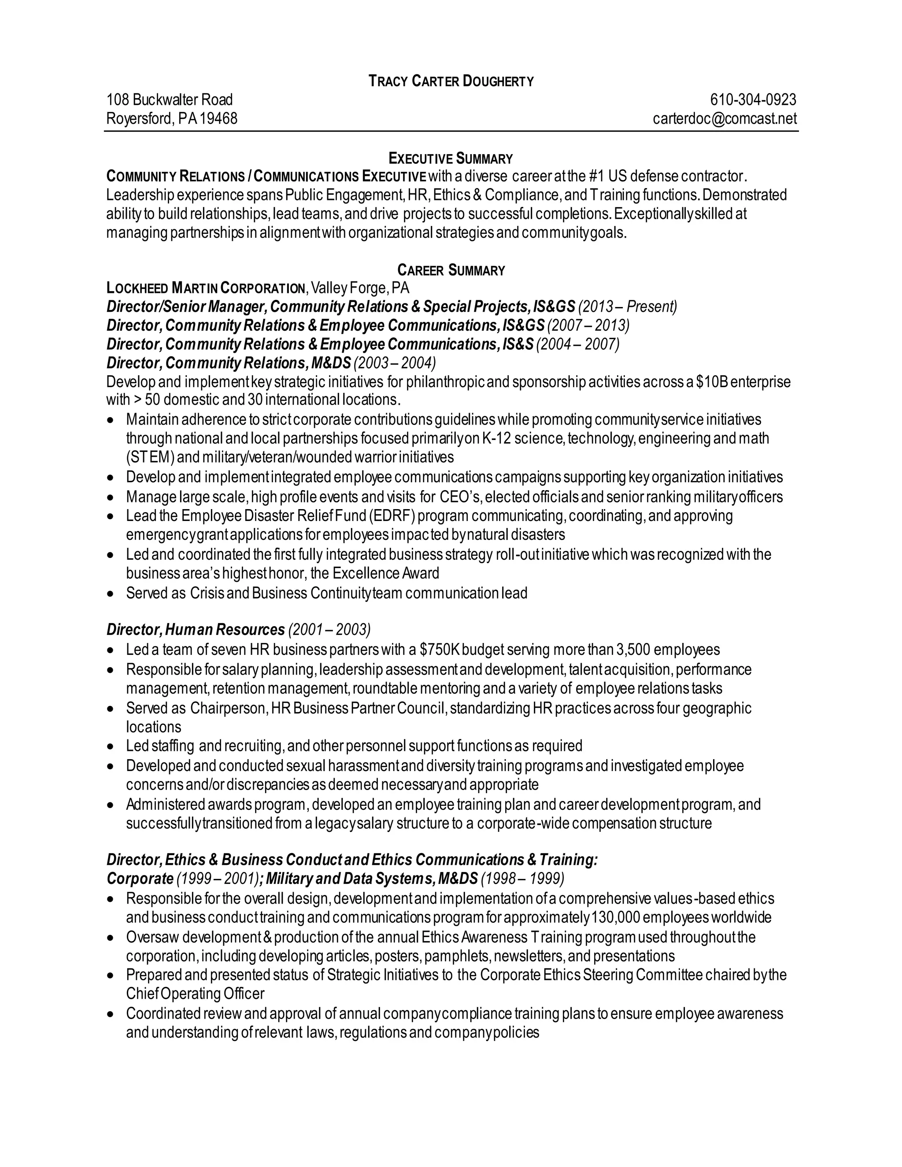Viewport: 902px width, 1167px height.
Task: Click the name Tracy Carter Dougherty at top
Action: click(x=451, y=81)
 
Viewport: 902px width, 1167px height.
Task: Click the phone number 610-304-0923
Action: click(x=752, y=100)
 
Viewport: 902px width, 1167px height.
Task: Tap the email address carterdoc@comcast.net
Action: click(x=724, y=118)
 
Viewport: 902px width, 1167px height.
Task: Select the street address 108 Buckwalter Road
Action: click(x=170, y=100)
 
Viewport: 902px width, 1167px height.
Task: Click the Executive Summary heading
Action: click(x=451, y=159)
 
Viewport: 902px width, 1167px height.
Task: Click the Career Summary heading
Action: click(x=451, y=270)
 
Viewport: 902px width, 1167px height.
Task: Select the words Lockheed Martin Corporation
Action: click(x=206, y=289)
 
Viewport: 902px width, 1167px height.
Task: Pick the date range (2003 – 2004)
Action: click(x=394, y=363)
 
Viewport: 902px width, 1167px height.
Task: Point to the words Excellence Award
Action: click(x=385, y=573)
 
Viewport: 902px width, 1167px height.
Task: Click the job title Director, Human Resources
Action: click(x=196, y=629)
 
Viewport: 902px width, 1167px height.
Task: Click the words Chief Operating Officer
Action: click(x=195, y=994)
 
